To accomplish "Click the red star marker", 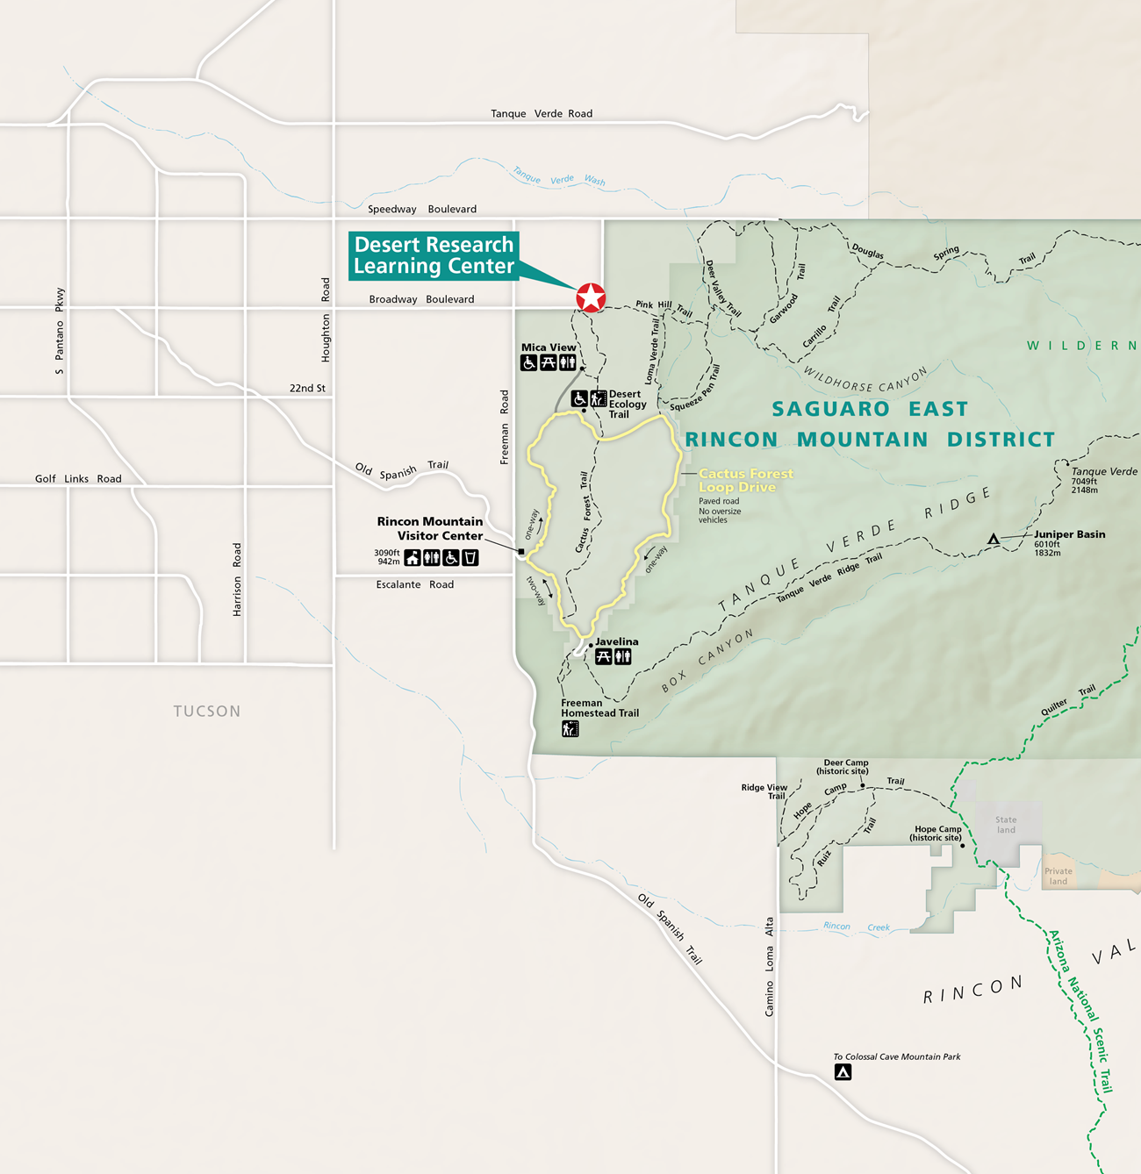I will [591, 297].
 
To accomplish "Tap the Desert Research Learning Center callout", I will [434, 256].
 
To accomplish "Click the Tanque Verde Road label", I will [541, 113].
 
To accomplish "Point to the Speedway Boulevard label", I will [421, 209].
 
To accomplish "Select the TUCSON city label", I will [206, 711].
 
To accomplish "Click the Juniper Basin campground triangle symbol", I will [993, 539].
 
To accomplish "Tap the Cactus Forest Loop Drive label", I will [745, 480].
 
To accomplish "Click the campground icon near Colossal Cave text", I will [843, 1072].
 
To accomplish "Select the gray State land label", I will [1006, 825].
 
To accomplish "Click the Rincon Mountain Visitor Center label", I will [430, 528].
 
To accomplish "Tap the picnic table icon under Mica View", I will [549, 362].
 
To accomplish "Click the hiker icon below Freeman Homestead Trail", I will [570, 729].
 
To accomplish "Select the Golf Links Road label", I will [78, 478].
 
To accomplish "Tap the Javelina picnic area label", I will [616, 641].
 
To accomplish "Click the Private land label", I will [1058, 877].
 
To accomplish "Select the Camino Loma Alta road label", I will [770, 966].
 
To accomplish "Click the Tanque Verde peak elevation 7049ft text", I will [1084, 481].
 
